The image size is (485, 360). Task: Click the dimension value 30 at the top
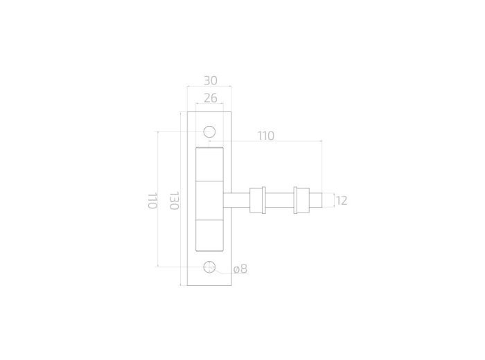(211, 80)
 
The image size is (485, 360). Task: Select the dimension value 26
(211, 98)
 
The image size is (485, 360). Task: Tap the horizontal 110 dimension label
(266, 136)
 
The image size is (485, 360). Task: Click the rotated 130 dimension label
(174, 201)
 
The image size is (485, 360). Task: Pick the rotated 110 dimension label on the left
(152, 201)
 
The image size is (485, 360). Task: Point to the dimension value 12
(342, 201)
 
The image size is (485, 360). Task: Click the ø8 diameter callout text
(240, 269)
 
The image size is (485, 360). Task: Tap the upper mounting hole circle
(209, 132)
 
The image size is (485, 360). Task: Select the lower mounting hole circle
(209, 267)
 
